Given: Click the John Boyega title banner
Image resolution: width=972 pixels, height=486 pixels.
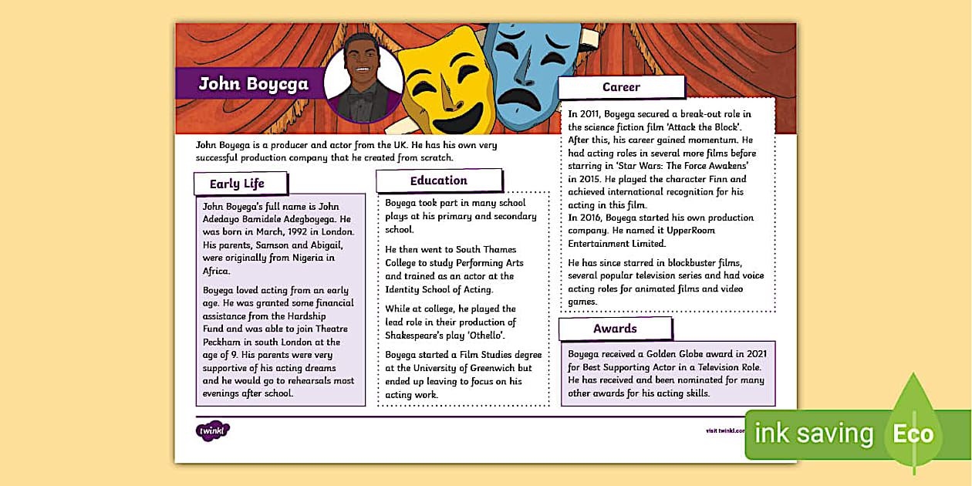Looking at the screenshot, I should [x=253, y=84].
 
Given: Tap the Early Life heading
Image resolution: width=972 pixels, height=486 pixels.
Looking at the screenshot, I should [x=237, y=184].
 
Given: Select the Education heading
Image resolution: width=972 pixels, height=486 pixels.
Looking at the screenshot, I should [x=438, y=181].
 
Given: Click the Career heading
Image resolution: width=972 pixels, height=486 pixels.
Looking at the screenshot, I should [x=621, y=87].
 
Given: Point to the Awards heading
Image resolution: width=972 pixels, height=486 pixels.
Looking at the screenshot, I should [x=615, y=329].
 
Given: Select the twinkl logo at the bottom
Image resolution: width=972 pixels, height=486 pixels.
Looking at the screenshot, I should [x=213, y=430].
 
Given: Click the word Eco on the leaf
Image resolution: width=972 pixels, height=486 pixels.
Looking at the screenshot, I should [x=913, y=434].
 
